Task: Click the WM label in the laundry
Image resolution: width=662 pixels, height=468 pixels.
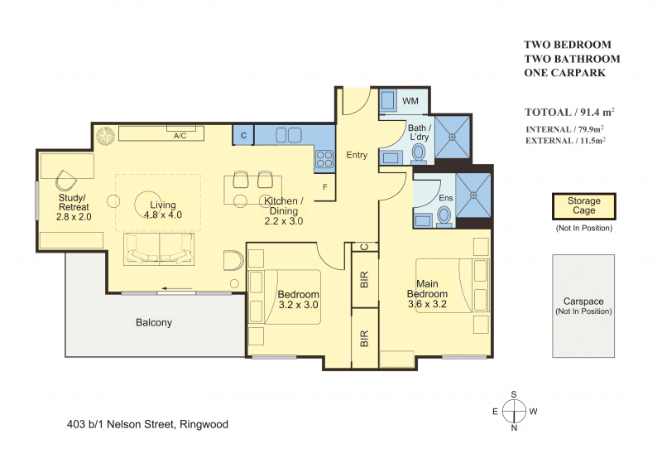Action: click(410, 101)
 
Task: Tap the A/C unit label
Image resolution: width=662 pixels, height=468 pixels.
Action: click(180, 136)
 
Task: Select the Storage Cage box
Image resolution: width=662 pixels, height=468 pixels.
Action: click(584, 206)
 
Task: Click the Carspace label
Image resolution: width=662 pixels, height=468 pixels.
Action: click(583, 302)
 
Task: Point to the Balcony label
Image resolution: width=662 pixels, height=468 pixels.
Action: click(154, 322)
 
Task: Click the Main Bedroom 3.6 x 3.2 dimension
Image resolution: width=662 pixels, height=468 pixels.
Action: click(427, 304)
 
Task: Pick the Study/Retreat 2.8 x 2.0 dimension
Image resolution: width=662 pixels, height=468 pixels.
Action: click(74, 217)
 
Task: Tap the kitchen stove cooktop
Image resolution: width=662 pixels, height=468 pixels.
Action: click(324, 160)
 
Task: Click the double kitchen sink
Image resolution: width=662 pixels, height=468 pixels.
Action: click(289, 135)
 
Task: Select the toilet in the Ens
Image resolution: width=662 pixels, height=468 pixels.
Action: click(444, 215)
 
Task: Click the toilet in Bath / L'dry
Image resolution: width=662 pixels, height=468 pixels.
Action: click(419, 154)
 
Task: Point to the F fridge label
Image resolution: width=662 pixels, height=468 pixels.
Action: click(325, 187)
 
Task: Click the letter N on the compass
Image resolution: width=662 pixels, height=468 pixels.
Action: click(514, 428)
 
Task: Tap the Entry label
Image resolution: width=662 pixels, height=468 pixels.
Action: click(357, 155)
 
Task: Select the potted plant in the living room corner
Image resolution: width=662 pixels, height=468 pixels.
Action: click(105, 136)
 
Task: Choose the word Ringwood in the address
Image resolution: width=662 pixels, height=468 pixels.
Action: click(204, 424)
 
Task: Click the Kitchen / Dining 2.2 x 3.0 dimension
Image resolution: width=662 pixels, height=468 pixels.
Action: click(283, 221)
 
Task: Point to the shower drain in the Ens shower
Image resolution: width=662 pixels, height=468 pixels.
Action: click(473, 195)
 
